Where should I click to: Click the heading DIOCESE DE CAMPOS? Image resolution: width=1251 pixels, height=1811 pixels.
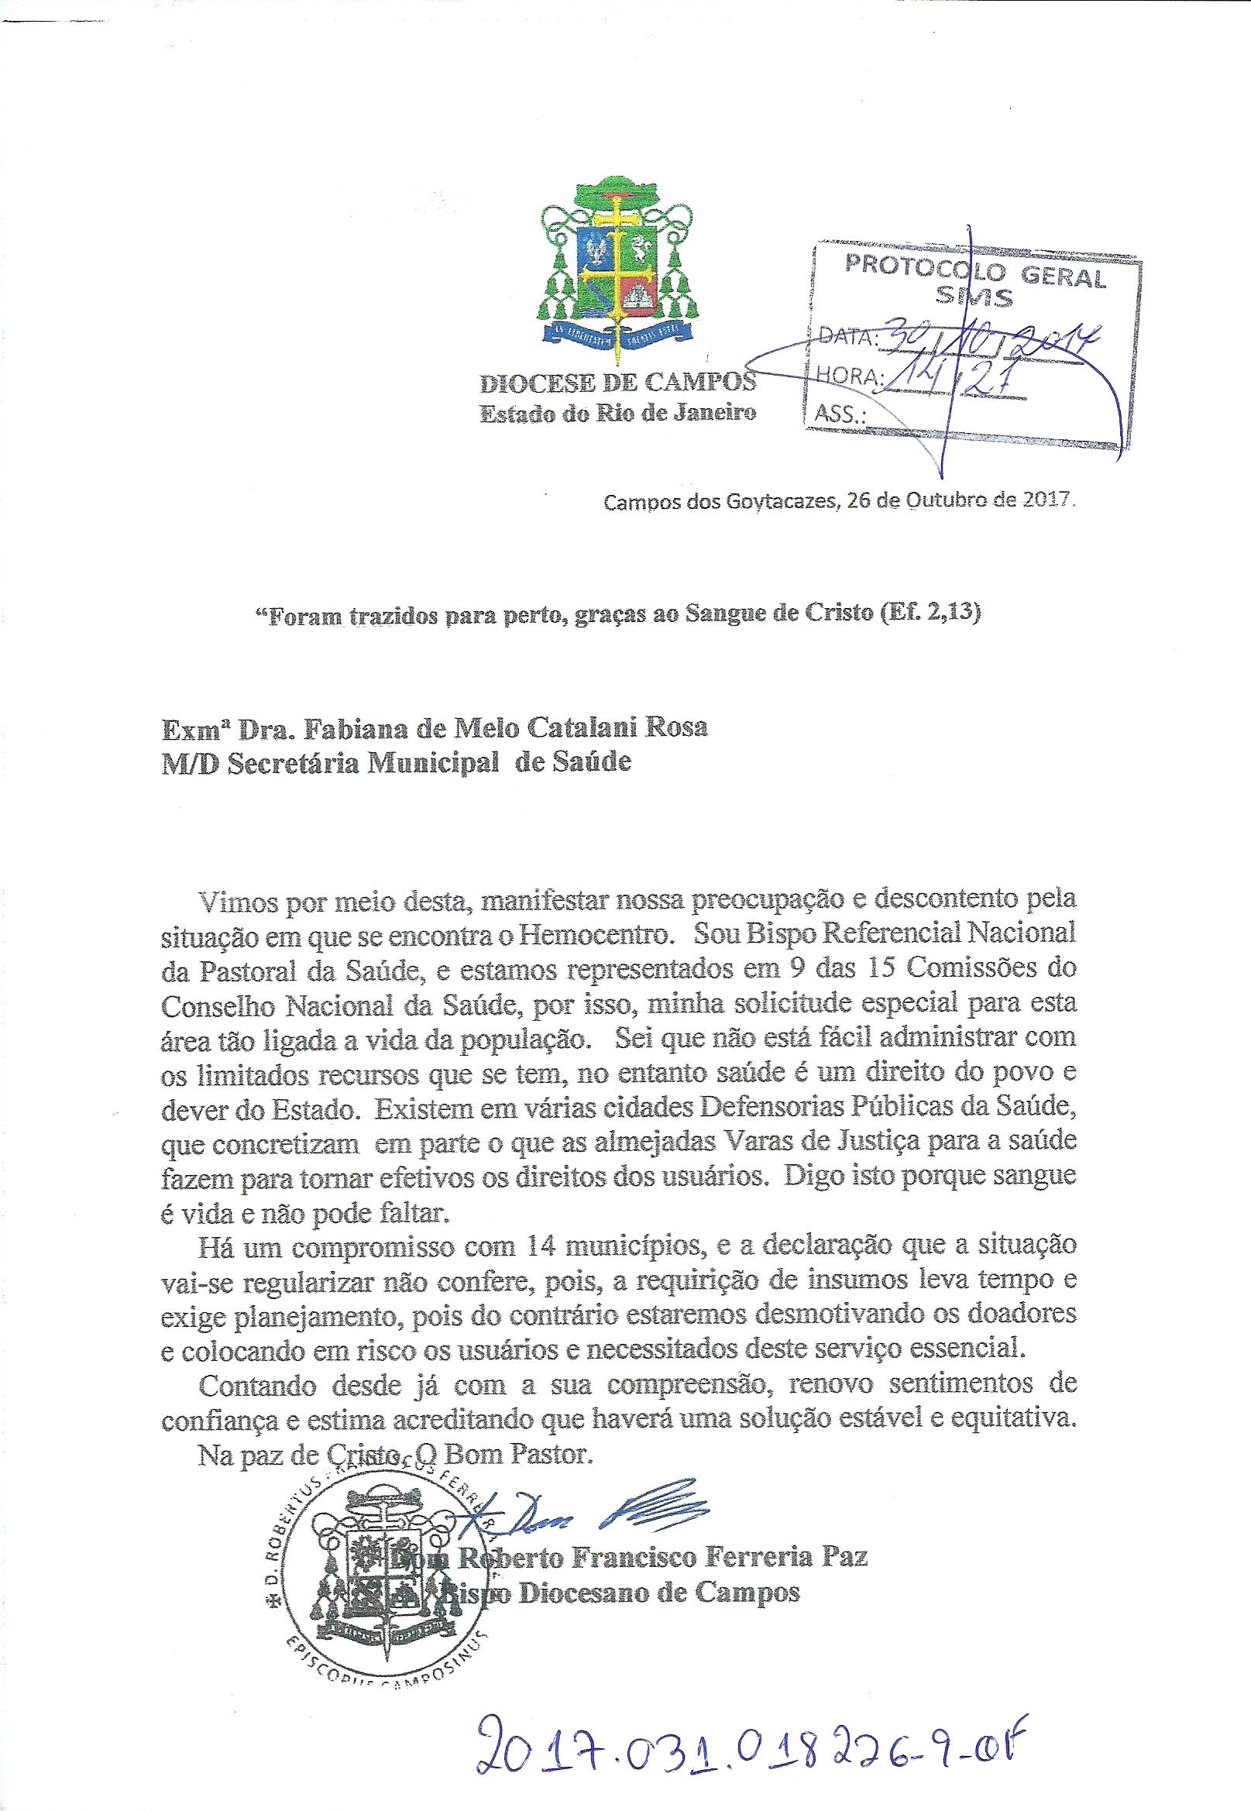(617, 383)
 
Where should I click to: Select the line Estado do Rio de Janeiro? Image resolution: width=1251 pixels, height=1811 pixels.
(617, 413)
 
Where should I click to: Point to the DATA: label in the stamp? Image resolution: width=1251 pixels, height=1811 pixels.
(847, 336)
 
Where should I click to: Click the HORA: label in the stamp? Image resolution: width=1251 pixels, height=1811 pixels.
(850, 375)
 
